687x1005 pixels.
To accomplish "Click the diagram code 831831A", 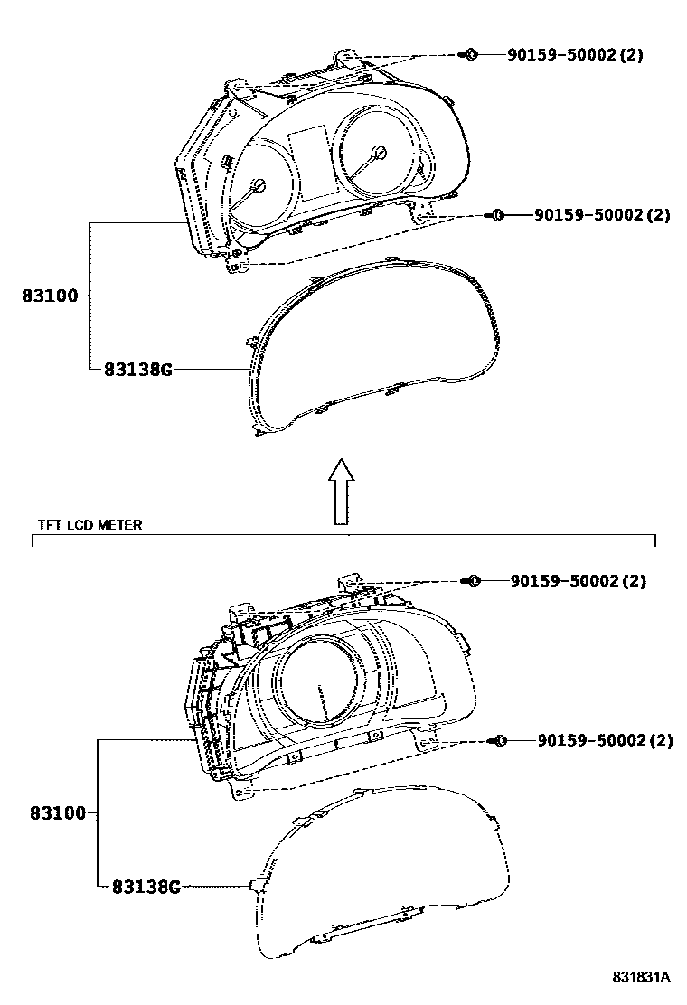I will (640, 977).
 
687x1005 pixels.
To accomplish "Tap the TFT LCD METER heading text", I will (89, 525).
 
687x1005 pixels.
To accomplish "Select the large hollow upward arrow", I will (341, 490).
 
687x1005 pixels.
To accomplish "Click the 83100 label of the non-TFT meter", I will (50, 296).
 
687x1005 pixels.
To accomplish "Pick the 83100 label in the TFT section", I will (56, 813).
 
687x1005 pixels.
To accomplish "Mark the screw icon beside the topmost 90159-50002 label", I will (469, 54).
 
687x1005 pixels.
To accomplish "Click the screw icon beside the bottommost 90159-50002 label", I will (498, 741).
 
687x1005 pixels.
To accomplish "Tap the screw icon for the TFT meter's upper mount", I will (472, 581).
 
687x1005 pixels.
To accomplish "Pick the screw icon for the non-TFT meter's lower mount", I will (494, 215).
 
